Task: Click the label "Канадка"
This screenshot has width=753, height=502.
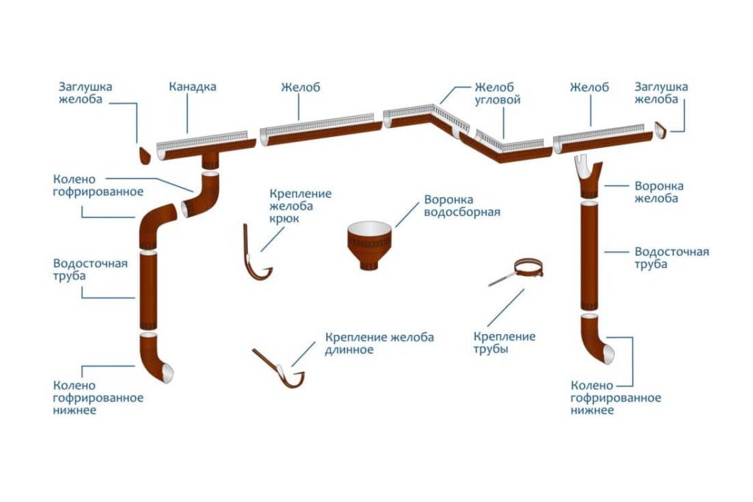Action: point(192,87)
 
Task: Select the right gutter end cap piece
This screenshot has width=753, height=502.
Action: point(661,130)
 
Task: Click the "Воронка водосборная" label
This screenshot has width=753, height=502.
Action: point(462,206)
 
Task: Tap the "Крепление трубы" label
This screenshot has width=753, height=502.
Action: point(504,343)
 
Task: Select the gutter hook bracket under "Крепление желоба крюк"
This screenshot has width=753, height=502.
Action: point(255,257)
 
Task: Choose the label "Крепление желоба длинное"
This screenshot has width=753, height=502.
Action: point(379,343)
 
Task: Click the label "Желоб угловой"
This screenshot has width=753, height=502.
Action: point(498,93)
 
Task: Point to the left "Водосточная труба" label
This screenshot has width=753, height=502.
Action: point(90,269)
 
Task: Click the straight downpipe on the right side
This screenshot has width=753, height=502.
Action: point(589,256)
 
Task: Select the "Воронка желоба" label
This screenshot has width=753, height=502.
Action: point(659,192)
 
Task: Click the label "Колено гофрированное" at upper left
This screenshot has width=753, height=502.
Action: point(98,185)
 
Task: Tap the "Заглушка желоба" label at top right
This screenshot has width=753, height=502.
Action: point(661,93)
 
